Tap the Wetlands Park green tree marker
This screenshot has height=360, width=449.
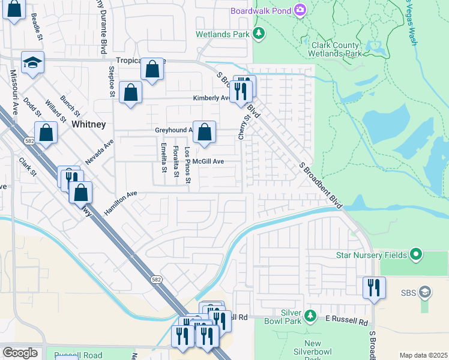click(x=259, y=34)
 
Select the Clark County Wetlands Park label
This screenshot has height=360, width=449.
click(x=336, y=49)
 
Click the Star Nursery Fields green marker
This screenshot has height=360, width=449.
click(x=415, y=254)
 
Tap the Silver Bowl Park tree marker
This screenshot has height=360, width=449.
click(x=310, y=315)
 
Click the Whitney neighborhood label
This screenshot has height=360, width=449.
click(x=88, y=124)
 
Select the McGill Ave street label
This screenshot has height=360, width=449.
click(x=208, y=161)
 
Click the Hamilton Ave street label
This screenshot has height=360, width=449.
click(x=121, y=203)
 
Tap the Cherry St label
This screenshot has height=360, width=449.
click(x=243, y=128)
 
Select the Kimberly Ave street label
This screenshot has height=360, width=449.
click(x=211, y=98)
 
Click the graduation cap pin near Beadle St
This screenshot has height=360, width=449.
click(x=33, y=62)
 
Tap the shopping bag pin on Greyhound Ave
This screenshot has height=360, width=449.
click(x=204, y=131)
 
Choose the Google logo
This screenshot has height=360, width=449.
click(x=20, y=353)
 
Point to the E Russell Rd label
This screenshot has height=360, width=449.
click(x=346, y=322)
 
